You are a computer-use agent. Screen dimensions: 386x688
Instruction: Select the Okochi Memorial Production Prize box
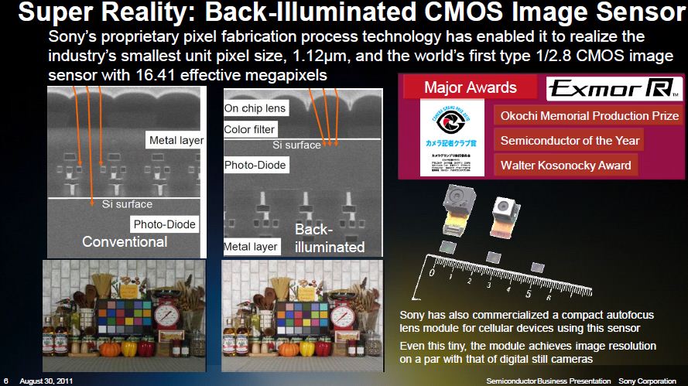coord(589,116)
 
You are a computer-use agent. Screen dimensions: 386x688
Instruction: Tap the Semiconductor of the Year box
coord(570,141)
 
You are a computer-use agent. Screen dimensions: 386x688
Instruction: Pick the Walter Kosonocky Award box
coord(565,165)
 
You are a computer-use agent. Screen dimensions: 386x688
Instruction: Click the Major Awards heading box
coord(470,87)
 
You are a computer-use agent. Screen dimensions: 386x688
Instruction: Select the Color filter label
coord(249,130)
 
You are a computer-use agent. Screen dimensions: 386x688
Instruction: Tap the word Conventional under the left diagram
coord(125,241)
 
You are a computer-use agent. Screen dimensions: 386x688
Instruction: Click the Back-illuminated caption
coord(328,238)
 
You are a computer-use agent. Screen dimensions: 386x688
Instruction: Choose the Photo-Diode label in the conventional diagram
coord(163,224)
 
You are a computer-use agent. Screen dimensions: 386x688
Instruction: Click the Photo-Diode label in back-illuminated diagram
coord(255,165)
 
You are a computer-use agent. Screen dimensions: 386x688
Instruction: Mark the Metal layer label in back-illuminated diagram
coord(250,247)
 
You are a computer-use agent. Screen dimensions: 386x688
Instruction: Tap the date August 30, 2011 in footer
coord(47,381)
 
